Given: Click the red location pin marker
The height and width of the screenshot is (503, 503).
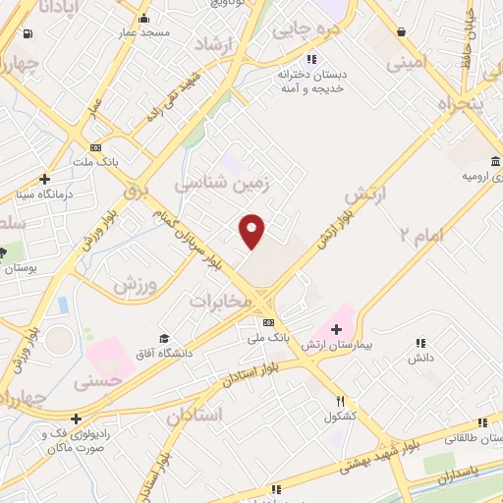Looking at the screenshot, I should point(252,231).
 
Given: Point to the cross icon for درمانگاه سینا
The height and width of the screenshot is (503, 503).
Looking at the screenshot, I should point(44,179).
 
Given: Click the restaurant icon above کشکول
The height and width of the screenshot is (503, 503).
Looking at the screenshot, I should point(340,402).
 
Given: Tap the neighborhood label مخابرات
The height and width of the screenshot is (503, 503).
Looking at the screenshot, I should point(228,300).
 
